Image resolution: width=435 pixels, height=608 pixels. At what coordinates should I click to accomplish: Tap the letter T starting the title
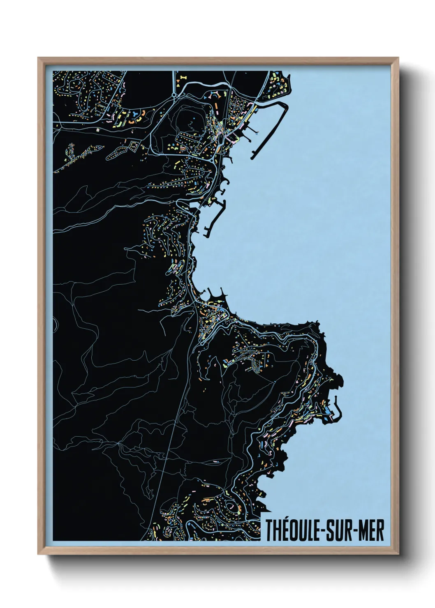(269, 530)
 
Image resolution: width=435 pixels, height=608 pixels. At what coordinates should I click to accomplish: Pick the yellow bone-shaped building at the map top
(183, 77)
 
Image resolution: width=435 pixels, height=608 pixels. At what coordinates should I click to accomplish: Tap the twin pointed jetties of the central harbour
(216, 293)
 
